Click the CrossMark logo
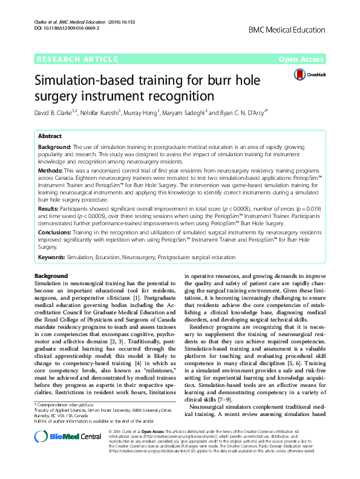308,74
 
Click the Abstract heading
50,136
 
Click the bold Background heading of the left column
52,276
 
